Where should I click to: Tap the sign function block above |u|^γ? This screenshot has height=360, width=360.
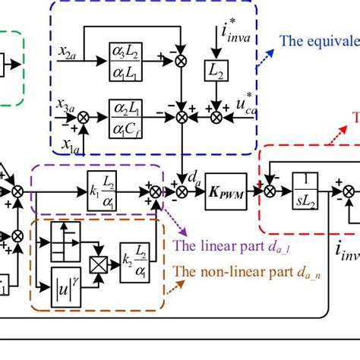pyautogui.click(x=65, y=234)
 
